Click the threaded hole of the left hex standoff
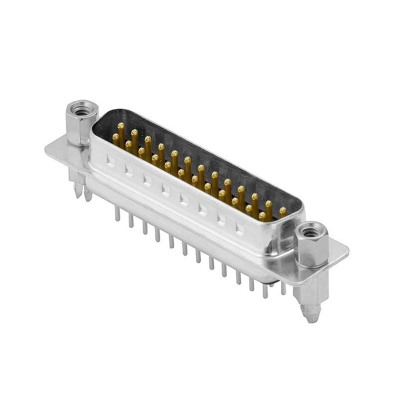point(79,107)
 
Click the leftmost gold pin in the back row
point(121,127)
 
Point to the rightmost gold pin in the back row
point(283,211)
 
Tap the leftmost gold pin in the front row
point(116,137)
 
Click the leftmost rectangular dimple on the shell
point(111,161)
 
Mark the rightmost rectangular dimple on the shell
point(240,228)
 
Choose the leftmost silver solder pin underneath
point(117,213)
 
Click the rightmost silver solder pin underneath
point(283,288)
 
